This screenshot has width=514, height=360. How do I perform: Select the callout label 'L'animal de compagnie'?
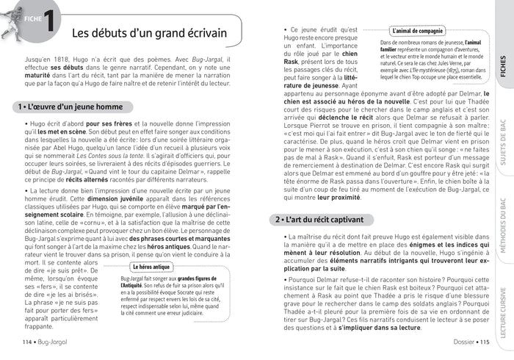418,32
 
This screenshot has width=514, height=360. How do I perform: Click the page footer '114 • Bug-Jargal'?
46,342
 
